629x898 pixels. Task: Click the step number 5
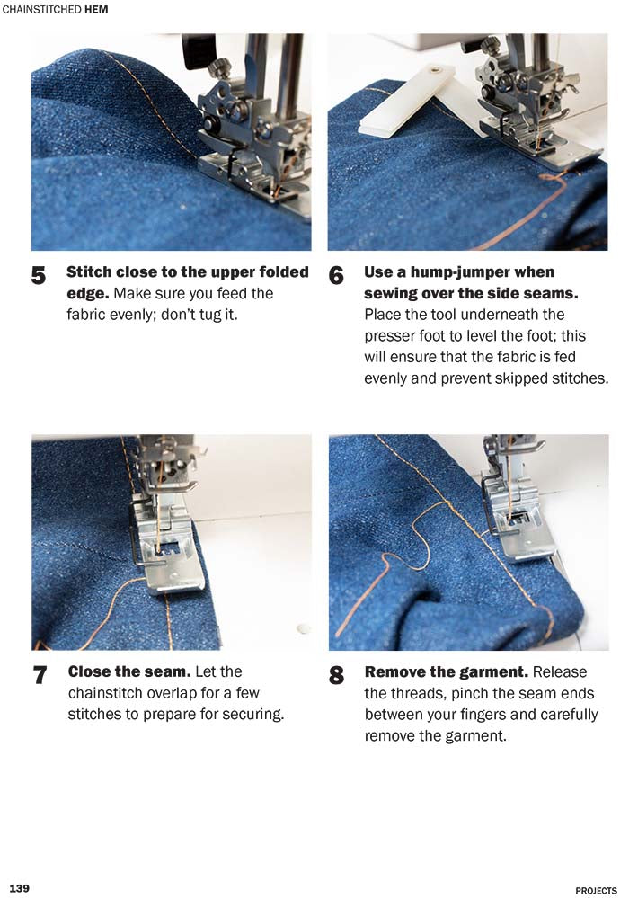pos(39,276)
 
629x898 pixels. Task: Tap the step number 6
pos(336,276)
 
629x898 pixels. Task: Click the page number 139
pos(19,889)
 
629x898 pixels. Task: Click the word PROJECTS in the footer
pos(596,890)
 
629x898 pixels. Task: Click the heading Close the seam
pos(128,672)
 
